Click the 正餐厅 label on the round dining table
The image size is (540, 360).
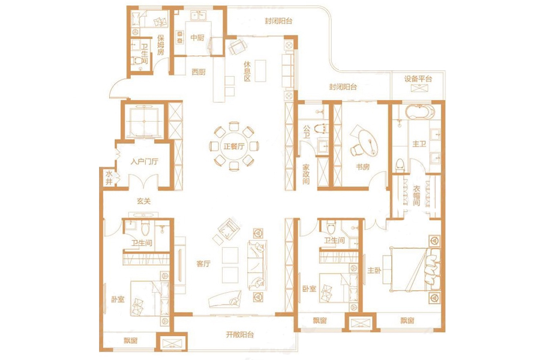coord(234,146)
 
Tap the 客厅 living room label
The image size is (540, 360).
coord(203,263)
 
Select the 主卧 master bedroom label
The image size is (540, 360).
coord(374,271)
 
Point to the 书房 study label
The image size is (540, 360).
coord(362,167)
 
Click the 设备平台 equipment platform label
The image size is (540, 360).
coord(418,79)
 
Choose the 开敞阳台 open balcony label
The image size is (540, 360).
coord(240,334)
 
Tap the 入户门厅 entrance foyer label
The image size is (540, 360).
coord(144,161)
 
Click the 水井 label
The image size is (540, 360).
coord(109,178)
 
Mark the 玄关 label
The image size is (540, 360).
coord(143,200)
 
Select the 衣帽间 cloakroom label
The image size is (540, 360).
coord(417,196)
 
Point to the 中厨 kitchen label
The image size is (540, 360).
coord(197,37)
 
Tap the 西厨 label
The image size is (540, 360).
coord(199,71)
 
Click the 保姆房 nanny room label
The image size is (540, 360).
coord(160,45)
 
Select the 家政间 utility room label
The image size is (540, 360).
coord(306,174)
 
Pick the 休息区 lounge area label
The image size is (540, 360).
coord(247,71)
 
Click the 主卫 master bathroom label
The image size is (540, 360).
coord(419,143)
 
